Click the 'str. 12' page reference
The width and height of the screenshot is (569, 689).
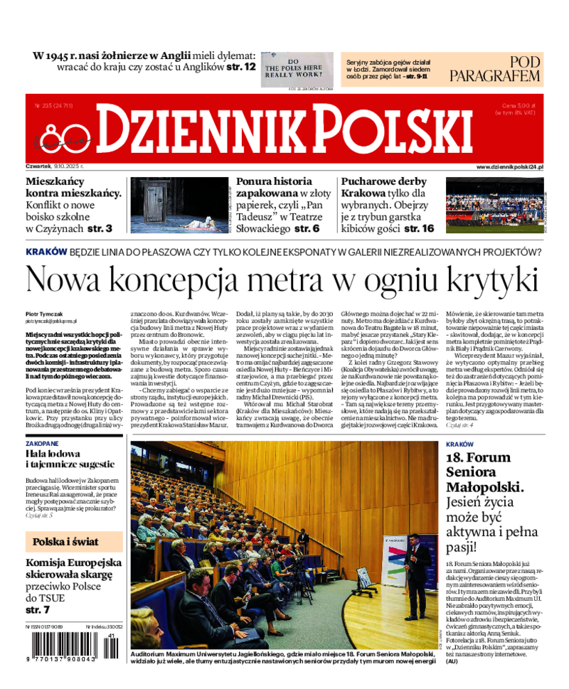tap(240, 67)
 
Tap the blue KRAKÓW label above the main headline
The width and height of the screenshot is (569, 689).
tap(46, 252)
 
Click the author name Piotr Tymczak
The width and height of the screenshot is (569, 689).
tap(44, 314)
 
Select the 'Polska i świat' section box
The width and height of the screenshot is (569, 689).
tap(74, 541)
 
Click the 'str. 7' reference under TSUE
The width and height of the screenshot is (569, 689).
tap(38, 609)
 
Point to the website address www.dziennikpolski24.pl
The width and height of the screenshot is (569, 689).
tap(509, 166)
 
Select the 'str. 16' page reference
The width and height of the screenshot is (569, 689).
tap(418, 228)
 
